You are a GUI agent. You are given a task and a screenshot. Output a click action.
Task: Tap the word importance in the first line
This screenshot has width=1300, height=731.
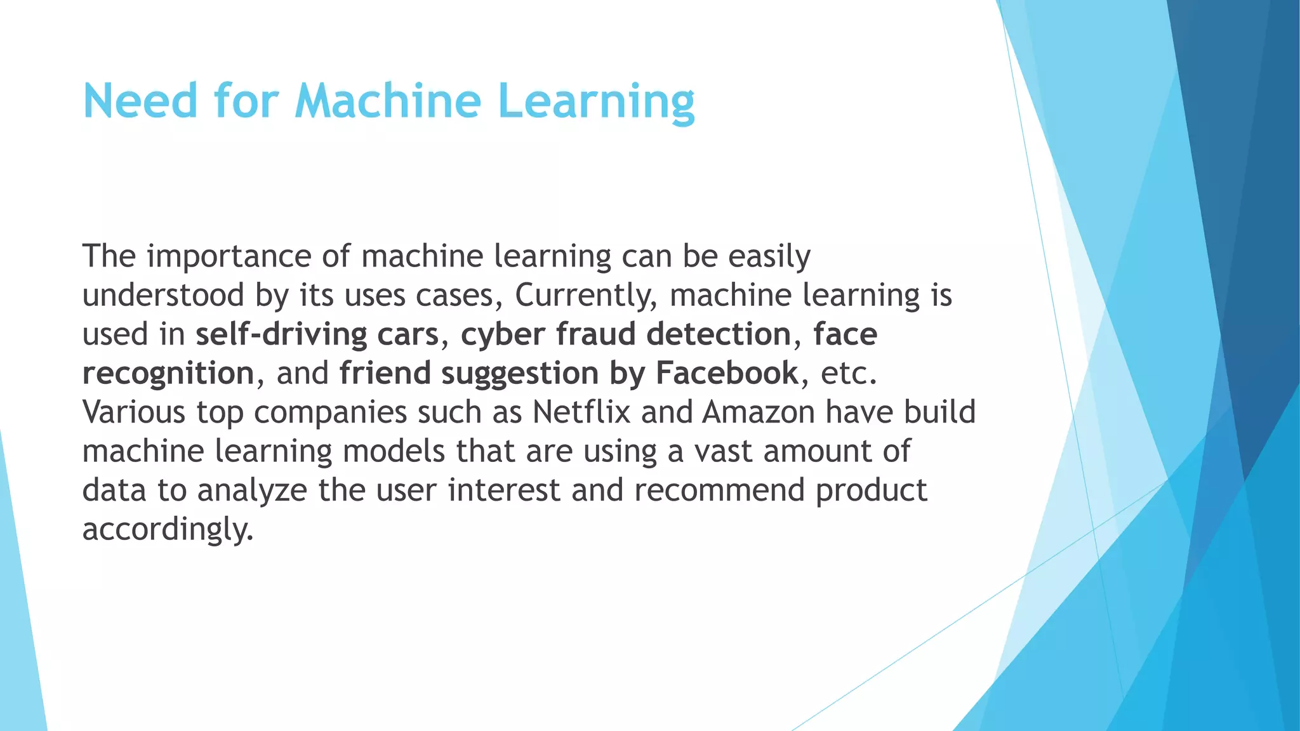(x=229, y=257)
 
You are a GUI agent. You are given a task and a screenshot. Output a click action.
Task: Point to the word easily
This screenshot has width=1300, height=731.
(x=769, y=257)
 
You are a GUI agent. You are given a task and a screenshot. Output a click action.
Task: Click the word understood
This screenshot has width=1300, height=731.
(x=163, y=295)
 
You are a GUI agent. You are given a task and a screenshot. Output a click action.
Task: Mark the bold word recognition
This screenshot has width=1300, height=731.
(x=168, y=374)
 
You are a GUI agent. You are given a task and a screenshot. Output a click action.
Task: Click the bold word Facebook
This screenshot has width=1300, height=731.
(x=727, y=373)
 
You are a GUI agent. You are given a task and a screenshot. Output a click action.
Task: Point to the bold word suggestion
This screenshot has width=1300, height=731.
(x=520, y=374)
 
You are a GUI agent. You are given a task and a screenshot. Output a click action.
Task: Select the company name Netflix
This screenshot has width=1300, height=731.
(x=581, y=412)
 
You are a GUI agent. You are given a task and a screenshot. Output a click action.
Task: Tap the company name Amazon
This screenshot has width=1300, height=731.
(x=759, y=412)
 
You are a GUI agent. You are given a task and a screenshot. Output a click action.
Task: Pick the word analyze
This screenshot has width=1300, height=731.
(x=252, y=491)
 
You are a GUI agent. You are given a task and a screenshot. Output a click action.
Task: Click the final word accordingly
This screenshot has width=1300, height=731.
(x=168, y=529)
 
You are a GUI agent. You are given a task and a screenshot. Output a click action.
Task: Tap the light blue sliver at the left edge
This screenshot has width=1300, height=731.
(x=19, y=603)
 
